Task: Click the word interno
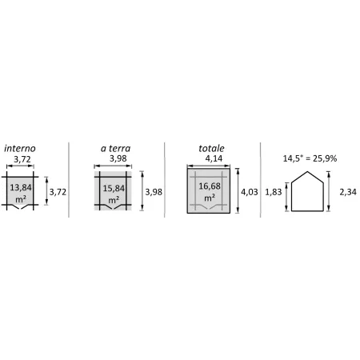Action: coord(20,148)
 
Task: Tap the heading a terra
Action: coord(115,148)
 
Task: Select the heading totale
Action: coord(211,148)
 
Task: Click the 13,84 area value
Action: coord(21,187)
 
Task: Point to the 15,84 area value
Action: coord(114,188)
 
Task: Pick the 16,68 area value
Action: coord(210,186)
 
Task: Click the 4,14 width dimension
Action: coord(214,158)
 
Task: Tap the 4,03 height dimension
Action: coord(250,192)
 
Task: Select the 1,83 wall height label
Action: coord(274,192)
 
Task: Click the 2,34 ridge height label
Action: coord(348,192)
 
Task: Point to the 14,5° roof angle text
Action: coord(293,158)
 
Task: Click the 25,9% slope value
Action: coord(325,158)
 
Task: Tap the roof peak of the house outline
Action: coord(307,171)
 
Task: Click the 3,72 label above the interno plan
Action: coord(22,159)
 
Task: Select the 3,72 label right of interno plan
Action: coord(58,192)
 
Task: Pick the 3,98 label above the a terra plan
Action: coord(118,158)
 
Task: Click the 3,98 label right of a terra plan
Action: coord(154,192)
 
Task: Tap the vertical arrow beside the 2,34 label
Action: coord(329,191)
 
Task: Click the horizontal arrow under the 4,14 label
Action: coord(209,166)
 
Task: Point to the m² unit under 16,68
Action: coord(210,198)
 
